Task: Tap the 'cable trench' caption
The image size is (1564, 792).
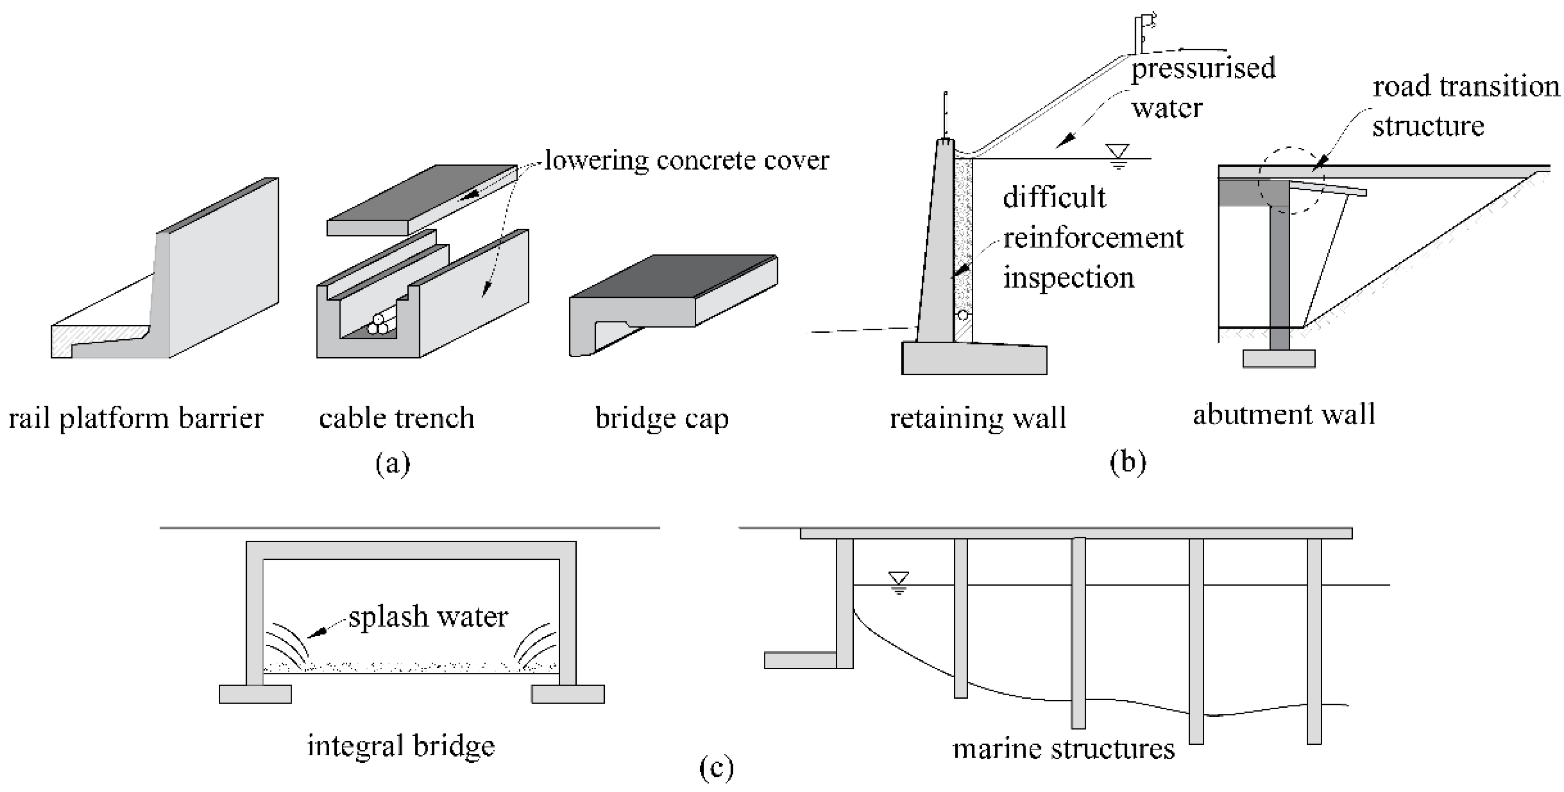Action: (x=397, y=418)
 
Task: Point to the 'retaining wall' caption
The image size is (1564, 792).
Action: (x=978, y=418)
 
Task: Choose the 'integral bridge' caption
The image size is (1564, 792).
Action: (x=401, y=746)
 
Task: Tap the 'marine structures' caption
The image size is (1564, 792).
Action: (x=1064, y=749)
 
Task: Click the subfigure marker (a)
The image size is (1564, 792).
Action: (x=393, y=464)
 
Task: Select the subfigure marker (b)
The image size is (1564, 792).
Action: (x=1128, y=462)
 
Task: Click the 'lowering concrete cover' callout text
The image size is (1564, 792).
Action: (x=687, y=160)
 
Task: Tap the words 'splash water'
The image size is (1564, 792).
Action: (x=428, y=617)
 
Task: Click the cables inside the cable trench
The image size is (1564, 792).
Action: (x=378, y=324)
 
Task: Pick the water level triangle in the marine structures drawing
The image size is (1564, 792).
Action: (x=898, y=581)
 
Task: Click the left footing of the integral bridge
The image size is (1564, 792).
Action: (x=255, y=694)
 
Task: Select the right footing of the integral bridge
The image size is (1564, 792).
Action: (x=568, y=694)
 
